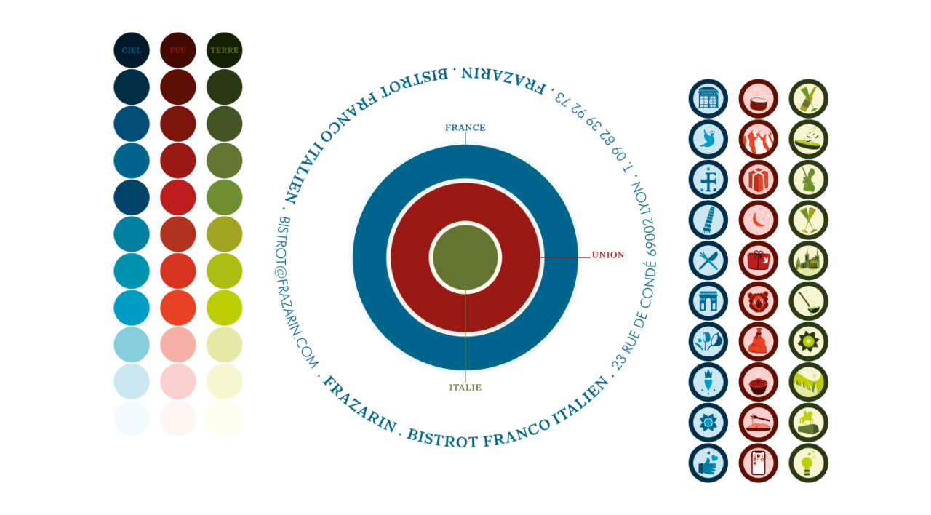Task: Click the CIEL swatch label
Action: tap(132, 50)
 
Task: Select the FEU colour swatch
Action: tap(178, 50)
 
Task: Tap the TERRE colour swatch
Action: tap(224, 50)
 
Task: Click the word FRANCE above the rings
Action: tap(465, 127)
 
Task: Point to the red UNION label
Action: tap(607, 255)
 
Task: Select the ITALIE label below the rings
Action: tap(465, 388)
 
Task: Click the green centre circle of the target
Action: tap(465, 257)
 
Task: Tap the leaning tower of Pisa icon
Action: tap(708, 220)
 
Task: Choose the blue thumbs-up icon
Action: tap(708, 463)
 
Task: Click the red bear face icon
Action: tap(758, 301)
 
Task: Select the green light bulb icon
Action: tap(808, 463)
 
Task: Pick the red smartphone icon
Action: tap(758, 463)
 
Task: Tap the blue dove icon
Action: tap(708, 140)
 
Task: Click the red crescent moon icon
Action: tap(758, 220)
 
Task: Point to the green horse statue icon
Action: tap(808, 423)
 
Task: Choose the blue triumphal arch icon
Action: tap(708, 301)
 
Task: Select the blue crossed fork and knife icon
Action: tap(708, 261)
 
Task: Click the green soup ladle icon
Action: tap(808, 301)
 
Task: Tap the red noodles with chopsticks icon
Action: tap(758, 423)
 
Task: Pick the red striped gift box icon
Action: tap(758, 180)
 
